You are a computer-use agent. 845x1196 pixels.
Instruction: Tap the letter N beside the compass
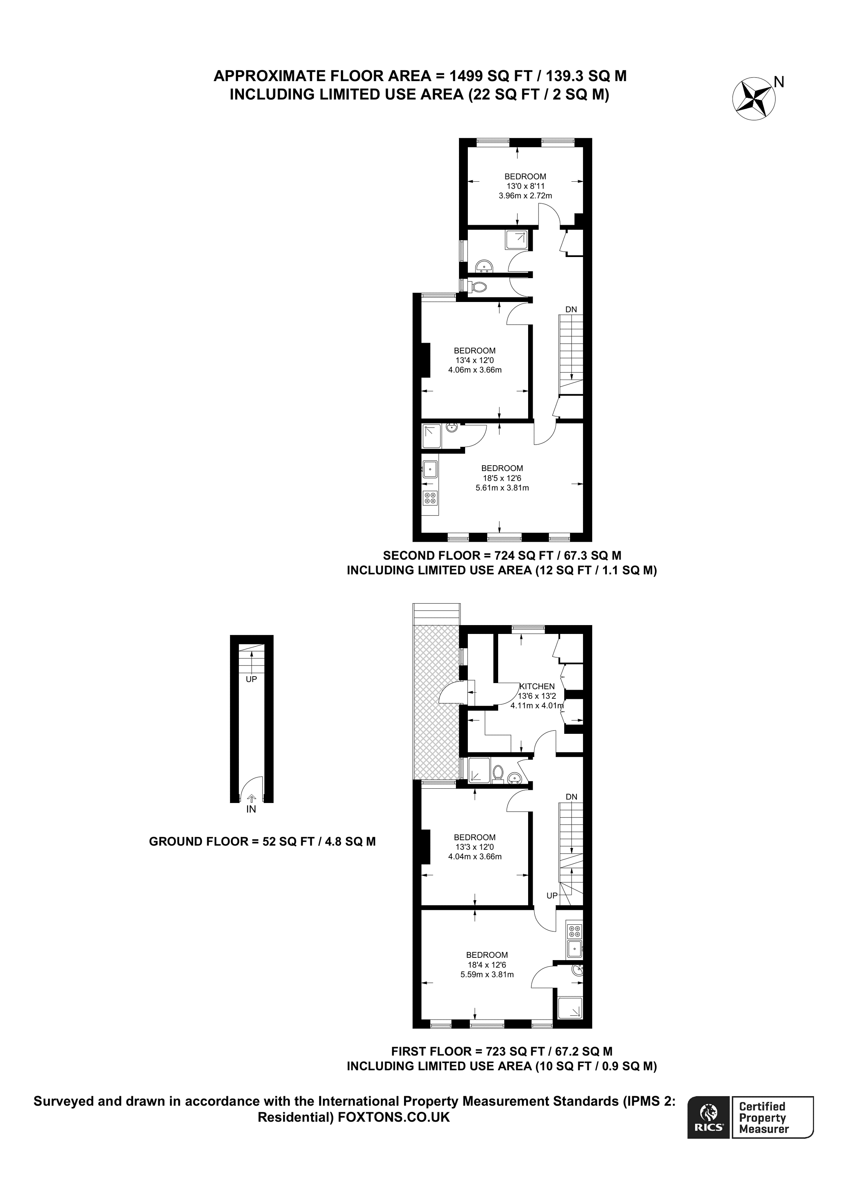779,82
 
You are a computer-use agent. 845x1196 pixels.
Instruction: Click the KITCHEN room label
537,686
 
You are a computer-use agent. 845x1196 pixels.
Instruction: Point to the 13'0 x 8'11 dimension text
525,186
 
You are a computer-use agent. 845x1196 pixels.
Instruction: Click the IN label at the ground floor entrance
251,809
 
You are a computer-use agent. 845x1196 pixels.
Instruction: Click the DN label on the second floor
571,309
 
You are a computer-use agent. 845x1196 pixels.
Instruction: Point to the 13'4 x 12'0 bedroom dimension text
474,360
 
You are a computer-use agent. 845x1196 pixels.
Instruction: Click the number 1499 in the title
467,76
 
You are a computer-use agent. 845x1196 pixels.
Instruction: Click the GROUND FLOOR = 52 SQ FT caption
262,841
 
